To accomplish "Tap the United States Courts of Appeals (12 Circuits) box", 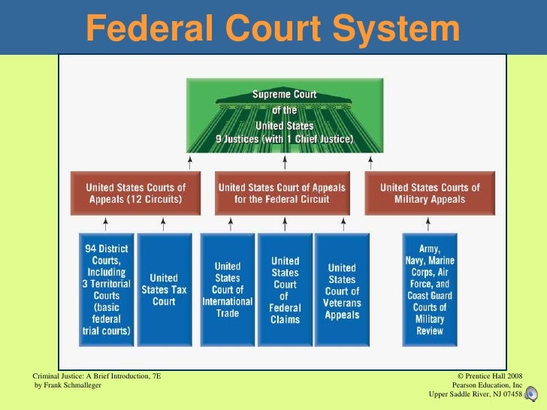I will [136, 193].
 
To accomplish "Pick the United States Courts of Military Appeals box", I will [430, 193].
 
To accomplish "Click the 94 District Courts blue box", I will [106, 289].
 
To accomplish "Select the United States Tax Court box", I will [163, 289].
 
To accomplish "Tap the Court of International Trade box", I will [227, 289].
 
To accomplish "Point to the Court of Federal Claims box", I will [285, 289].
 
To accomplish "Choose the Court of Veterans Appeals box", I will [342, 289].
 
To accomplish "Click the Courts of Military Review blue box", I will [430, 289].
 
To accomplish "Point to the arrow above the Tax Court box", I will [163, 224].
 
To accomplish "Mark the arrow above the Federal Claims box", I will [285, 224].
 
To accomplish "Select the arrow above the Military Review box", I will [430, 224].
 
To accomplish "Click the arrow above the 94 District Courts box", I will [106, 224].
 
